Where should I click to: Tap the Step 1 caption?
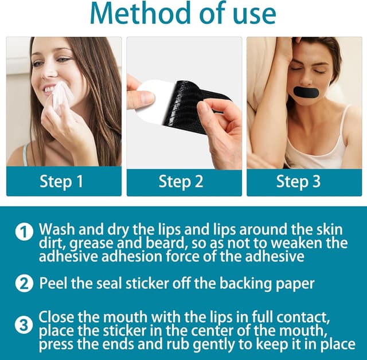[x=61, y=181]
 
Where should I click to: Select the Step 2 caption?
[x=181, y=181]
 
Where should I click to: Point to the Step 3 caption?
[x=298, y=181]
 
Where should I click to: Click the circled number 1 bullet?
[x=24, y=232]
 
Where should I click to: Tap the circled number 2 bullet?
[x=24, y=283]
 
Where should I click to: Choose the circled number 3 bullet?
[x=24, y=326]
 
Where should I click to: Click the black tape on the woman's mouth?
[x=306, y=92]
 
